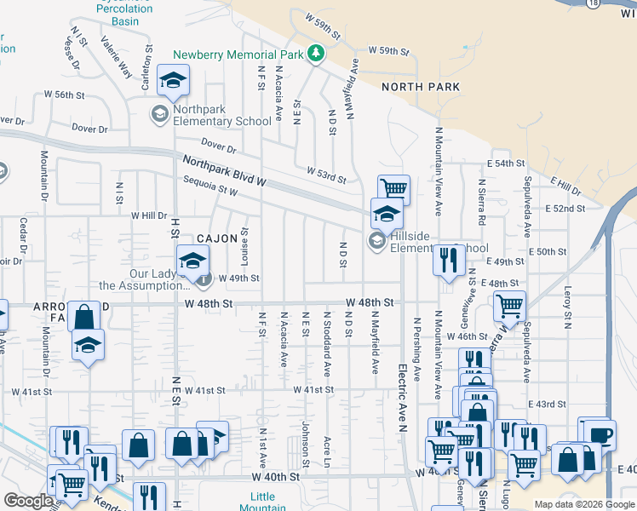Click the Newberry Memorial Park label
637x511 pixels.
click(x=239, y=55)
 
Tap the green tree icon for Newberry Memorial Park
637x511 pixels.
click(x=316, y=55)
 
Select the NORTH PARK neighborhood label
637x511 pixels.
click(x=421, y=87)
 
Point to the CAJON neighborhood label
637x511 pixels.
click(x=217, y=239)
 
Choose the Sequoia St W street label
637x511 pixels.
click(x=210, y=184)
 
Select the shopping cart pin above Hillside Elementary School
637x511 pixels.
click(x=393, y=188)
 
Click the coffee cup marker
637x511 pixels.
click(x=600, y=433)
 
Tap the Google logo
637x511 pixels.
click(x=28, y=501)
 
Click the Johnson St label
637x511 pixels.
click(x=305, y=438)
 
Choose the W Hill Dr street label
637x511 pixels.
click(x=150, y=216)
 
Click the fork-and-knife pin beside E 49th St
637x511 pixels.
click(x=448, y=259)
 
